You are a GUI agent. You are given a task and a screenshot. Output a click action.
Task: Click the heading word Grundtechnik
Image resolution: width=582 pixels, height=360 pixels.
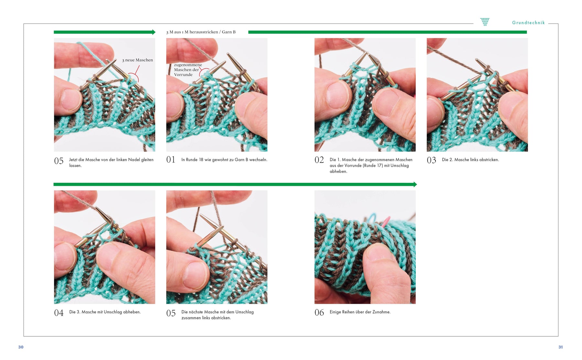[528, 23]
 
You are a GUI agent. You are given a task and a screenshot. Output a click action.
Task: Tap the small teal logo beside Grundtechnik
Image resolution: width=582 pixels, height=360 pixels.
[485, 22]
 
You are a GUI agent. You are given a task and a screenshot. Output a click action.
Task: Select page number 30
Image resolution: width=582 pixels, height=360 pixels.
[21, 347]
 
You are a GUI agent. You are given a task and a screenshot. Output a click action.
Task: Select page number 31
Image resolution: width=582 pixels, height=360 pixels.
[560, 347]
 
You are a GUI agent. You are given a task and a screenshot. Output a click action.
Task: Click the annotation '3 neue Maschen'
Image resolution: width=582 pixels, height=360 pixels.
[137, 60]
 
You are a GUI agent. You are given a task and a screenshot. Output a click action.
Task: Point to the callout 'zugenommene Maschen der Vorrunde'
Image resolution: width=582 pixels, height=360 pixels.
[188, 70]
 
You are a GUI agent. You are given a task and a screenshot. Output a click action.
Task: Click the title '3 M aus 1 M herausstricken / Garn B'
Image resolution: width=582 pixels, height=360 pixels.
[201, 32]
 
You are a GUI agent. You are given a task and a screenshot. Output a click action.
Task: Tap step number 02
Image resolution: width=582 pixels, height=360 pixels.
[319, 160]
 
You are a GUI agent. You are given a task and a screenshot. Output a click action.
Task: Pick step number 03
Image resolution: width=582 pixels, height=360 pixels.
[431, 160]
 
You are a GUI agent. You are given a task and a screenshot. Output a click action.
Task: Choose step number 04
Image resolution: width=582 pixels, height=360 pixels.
[59, 313]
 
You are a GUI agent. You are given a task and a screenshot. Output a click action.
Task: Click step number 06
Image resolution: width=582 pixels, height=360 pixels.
[319, 312]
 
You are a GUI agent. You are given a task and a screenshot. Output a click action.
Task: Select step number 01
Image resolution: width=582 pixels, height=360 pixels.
[171, 160]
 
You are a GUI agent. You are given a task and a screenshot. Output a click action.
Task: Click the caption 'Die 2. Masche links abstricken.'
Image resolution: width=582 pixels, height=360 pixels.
[470, 160]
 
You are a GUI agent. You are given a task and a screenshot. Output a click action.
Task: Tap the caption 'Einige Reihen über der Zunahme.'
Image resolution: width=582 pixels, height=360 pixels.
[360, 312]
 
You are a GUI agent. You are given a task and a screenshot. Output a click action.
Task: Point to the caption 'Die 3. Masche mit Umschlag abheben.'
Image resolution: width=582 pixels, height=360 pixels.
[105, 312]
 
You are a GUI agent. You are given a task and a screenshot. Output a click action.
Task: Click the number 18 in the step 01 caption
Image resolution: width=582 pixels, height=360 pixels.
[201, 160]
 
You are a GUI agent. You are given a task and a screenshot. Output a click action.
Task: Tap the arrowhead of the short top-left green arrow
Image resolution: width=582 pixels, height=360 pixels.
[154, 32]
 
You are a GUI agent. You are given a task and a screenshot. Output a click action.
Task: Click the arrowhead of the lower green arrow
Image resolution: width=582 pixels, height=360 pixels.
[415, 184]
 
